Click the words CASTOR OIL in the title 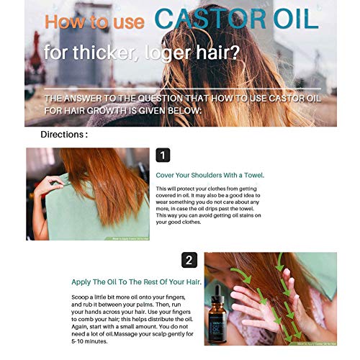point(236,20)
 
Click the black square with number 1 point(163,156)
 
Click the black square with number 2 point(189,260)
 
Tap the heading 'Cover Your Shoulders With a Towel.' point(210,175)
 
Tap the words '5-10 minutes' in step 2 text point(91,341)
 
